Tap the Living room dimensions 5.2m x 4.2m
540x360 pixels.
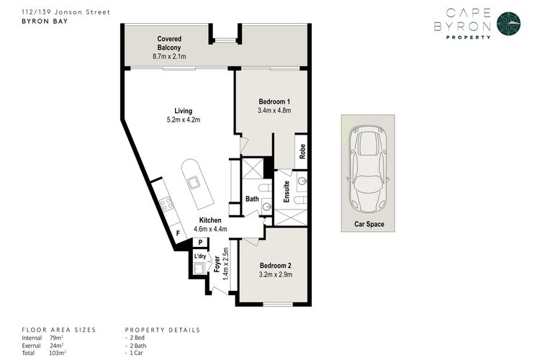pyautogui.click(x=178, y=120)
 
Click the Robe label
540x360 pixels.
pyautogui.click(x=303, y=151)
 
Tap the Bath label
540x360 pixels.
pyautogui.click(x=252, y=199)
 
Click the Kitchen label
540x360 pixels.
pyautogui.click(x=210, y=220)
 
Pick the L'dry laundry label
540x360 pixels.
pyautogui.click(x=199, y=256)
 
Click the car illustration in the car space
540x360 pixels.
pyautogui.click(x=366, y=170)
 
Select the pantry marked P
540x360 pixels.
pyautogui.click(x=200, y=243)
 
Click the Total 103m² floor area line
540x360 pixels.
pyautogui.click(x=45, y=353)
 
